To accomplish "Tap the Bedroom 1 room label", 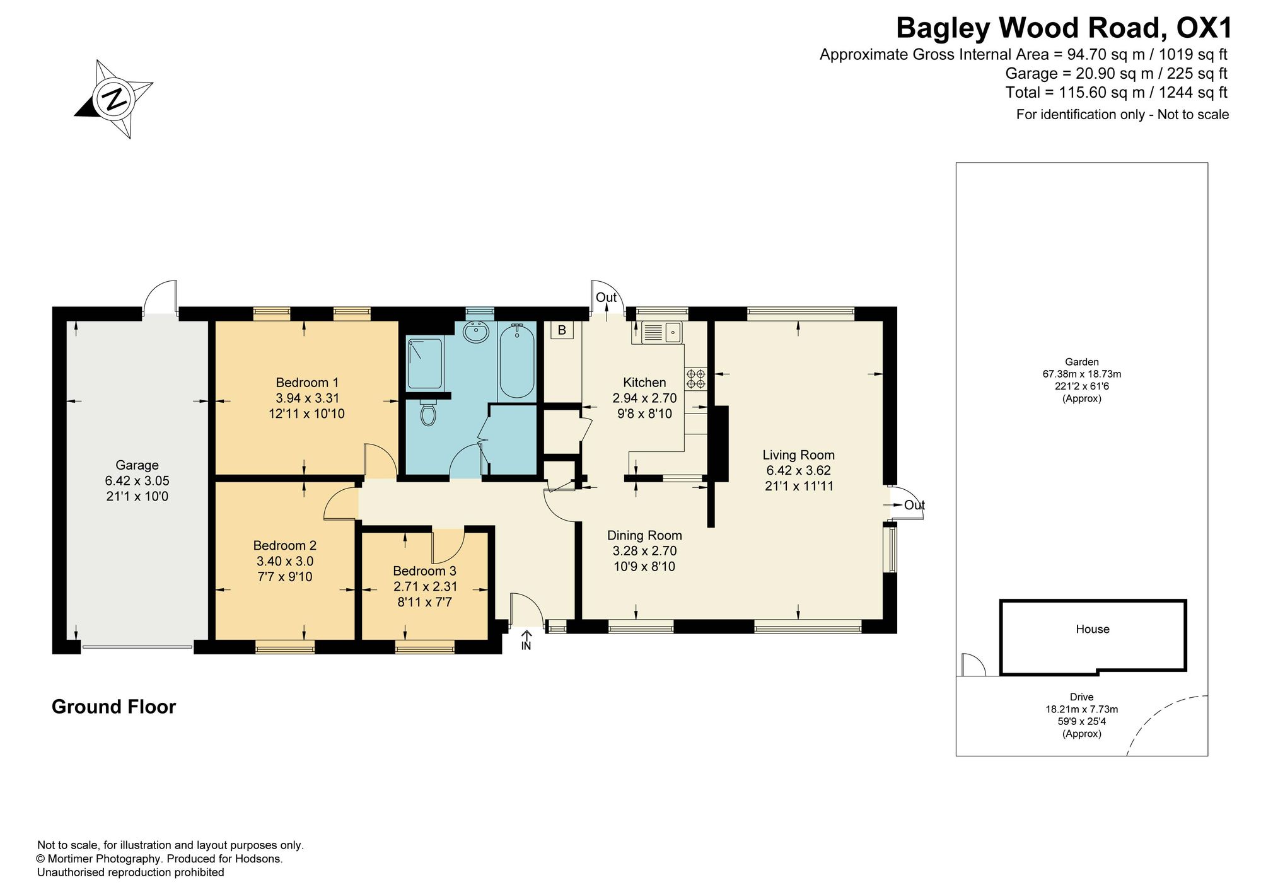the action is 307,383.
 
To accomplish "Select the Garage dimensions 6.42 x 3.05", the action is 137,480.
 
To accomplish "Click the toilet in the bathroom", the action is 429,412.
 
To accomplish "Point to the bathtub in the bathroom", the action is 517,361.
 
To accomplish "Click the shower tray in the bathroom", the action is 425,364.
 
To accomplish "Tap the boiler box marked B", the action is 561,330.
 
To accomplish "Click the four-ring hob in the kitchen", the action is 696,378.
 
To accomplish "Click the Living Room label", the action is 798,455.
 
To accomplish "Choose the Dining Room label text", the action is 644,536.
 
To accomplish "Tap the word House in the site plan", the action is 1093,629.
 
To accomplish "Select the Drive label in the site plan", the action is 1081,697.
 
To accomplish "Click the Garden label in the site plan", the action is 1082,362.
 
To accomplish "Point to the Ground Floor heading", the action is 113,707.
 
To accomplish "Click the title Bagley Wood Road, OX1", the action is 1064,28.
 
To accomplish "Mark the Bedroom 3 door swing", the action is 448,546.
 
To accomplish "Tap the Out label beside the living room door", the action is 914,505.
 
